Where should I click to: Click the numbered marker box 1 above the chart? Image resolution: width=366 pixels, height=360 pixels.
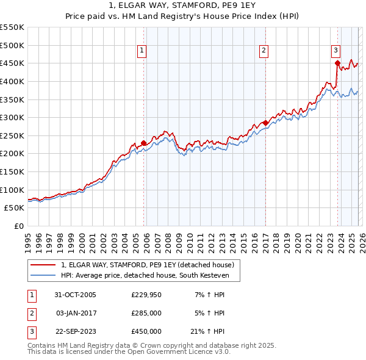coord(142,51)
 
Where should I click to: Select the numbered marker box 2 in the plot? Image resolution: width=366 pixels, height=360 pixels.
coord(264,51)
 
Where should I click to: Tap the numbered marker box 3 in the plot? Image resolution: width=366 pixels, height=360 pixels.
coord(335,51)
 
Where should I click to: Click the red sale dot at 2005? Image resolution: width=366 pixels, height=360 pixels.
coord(144,143)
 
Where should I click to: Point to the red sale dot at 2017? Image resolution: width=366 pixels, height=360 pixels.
coord(265,123)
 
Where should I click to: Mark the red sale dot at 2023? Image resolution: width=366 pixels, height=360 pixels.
coord(337,63)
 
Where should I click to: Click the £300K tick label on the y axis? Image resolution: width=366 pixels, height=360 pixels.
coord(12,117)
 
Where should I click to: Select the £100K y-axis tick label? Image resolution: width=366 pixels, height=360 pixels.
coord(12,190)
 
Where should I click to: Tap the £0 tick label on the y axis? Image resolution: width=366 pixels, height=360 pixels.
coord(18,226)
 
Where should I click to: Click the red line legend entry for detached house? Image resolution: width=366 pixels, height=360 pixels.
coord(146,265)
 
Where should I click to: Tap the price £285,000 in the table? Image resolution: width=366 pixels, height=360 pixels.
coord(146,313)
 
